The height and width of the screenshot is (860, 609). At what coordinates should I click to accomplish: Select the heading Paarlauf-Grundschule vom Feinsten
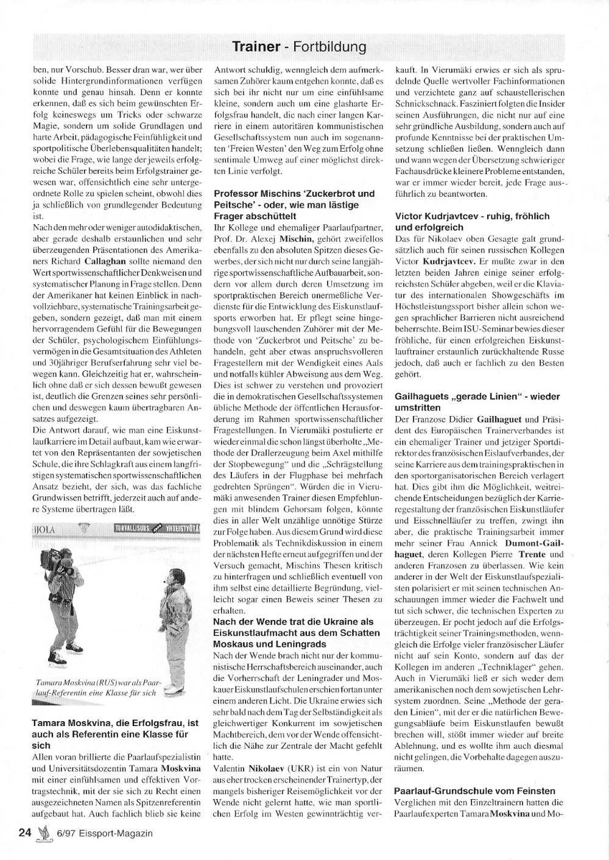[475, 791]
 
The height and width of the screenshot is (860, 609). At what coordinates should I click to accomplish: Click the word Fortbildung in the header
[329, 46]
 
